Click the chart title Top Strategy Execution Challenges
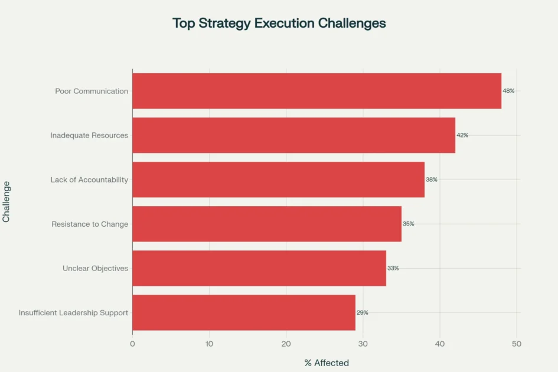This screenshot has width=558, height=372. tap(279, 23)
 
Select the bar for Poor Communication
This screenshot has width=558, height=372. tap(316, 91)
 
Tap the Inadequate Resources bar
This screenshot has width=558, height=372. tap(293, 135)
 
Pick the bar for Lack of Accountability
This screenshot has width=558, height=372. tap(278, 180)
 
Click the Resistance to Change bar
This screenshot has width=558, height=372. tap(267, 224)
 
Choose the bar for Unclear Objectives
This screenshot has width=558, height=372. tap(259, 268)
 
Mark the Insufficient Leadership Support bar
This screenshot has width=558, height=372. tap(244, 312)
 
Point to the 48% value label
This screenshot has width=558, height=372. tap(508, 91)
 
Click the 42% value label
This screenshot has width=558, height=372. tap(462, 135)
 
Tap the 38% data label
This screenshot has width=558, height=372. tap(432, 180)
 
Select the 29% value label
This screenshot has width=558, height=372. tap(363, 312)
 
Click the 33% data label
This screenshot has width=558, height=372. tap(393, 268)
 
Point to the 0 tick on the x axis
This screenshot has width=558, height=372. tap(132, 343)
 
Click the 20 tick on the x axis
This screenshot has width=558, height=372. tap(286, 343)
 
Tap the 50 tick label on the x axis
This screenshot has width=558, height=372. tap(517, 343)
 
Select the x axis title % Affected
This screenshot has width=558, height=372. tap(327, 363)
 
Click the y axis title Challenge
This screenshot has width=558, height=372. tap(6, 201)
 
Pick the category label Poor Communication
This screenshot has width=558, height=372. tap(92, 91)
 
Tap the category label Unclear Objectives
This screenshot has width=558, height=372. tap(95, 268)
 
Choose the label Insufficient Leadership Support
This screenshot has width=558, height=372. tap(73, 312)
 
